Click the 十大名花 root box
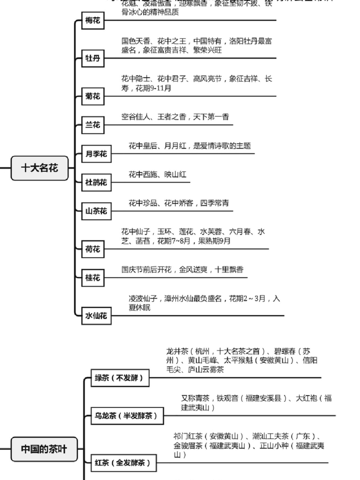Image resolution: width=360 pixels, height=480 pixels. (40, 168)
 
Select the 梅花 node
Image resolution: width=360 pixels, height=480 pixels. (93, 21)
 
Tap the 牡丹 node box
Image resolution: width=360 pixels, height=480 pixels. (93, 59)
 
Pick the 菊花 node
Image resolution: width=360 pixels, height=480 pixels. (93, 96)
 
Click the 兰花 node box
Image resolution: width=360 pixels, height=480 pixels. (93, 125)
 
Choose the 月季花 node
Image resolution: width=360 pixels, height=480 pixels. (96, 154)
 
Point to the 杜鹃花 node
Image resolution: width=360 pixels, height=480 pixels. (96, 182)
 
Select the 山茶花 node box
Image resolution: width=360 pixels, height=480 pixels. (96, 211)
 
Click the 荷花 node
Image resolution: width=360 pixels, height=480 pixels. (93, 250)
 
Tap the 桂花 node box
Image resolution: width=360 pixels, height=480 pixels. (93, 278)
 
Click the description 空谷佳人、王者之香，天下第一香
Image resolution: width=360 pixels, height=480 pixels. (175, 117)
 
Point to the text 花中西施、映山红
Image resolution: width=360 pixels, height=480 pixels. (157, 174)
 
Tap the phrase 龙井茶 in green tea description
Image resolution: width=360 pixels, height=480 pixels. (177, 351)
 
